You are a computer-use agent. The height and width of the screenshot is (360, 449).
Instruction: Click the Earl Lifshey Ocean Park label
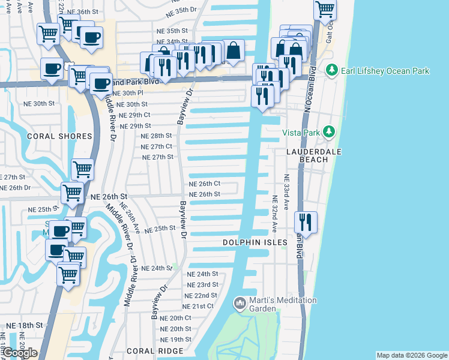pos(385,71)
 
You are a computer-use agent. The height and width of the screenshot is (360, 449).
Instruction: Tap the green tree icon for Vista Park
pos(328,131)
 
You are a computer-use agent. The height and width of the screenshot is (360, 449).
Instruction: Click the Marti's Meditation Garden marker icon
pos(240,303)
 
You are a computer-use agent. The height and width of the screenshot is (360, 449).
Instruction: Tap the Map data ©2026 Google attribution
pos(411,355)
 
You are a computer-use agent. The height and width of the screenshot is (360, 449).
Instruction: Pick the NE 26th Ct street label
pos(205,184)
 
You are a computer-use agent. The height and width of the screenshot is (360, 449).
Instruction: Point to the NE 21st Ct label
pos(199,306)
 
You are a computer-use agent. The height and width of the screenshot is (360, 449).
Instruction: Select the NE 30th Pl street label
pos(128,93)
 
